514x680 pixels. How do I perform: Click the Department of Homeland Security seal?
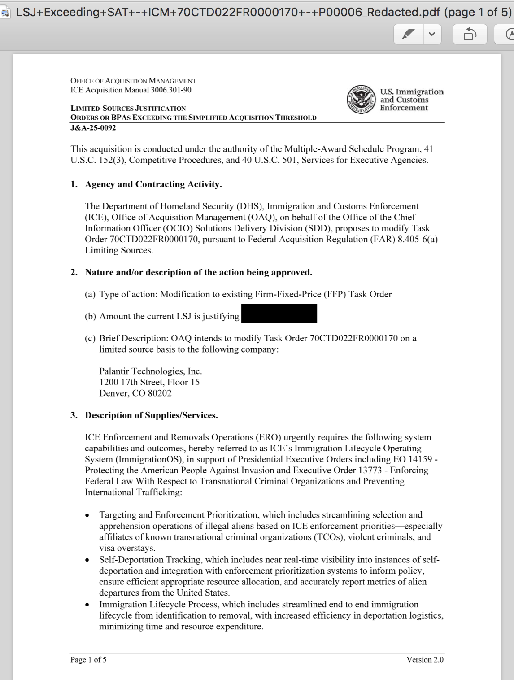click(361, 100)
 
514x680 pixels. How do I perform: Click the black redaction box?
click(279, 314)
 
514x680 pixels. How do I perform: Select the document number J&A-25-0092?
click(93, 128)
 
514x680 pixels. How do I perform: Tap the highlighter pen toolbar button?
click(409, 34)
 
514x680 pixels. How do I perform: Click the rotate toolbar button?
click(470, 34)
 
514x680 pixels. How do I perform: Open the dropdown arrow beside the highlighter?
click(432, 34)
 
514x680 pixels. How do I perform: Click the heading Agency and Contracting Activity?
click(153, 184)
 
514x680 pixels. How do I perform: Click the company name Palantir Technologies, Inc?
click(151, 371)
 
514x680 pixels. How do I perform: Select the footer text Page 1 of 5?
click(88, 659)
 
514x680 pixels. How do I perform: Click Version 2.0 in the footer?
click(425, 659)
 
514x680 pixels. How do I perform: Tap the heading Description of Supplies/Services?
click(152, 415)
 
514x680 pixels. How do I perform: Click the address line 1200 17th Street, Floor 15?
click(149, 382)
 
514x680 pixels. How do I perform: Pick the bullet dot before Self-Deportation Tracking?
click(87, 560)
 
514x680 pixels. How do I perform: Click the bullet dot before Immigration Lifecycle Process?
click(87, 605)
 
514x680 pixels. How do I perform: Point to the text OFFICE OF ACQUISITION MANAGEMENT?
click(133, 81)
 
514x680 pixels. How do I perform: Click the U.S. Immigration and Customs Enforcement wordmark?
click(411, 100)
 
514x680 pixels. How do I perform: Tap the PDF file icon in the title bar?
click(6, 13)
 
